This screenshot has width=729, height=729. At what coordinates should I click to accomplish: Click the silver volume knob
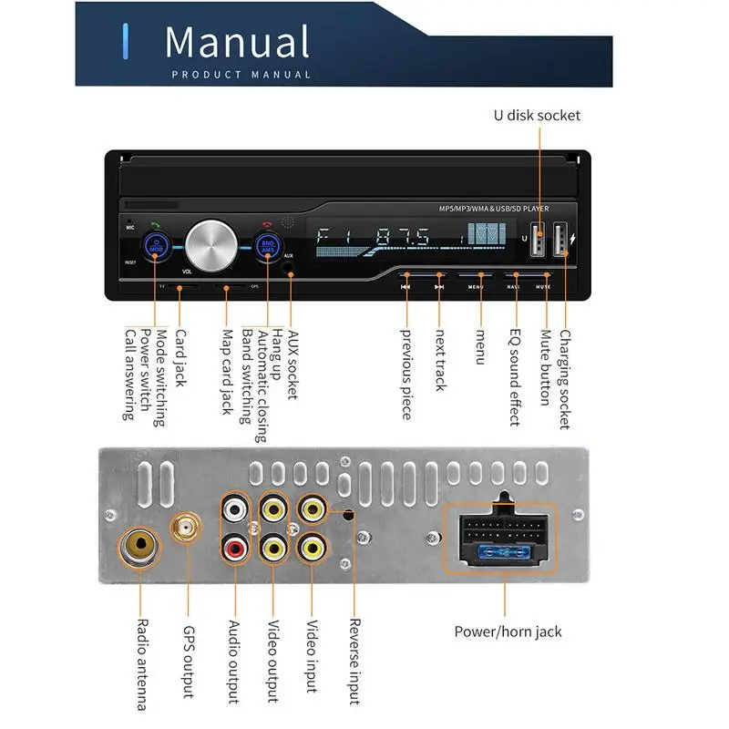click(x=211, y=243)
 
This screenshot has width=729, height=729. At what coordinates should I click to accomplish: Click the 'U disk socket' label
click(x=537, y=115)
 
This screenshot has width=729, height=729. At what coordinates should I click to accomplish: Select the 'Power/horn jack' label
click(x=508, y=631)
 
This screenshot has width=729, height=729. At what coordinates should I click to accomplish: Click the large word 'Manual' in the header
click(x=237, y=43)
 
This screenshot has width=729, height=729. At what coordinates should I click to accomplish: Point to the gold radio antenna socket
click(x=141, y=548)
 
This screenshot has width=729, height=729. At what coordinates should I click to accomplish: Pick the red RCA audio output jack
click(x=235, y=549)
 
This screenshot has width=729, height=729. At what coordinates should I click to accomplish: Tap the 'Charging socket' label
click(x=566, y=379)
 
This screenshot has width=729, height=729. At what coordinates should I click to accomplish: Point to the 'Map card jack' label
click(x=228, y=372)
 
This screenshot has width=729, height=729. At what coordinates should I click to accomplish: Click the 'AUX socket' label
click(x=293, y=364)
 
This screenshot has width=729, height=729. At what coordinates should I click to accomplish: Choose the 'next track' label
click(x=440, y=361)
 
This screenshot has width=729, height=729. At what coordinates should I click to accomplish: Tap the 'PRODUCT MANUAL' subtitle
click(x=241, y=75)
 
